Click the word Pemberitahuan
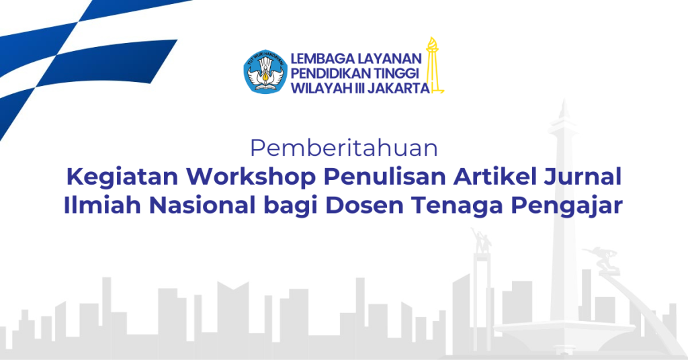[x=344, y=148]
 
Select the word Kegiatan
[x=122, y=177]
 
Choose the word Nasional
[x=202, y=206]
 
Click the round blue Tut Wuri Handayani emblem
[x=265, y=71]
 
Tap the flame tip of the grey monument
[x=564, y=109]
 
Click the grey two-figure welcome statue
[x=481, y=240]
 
